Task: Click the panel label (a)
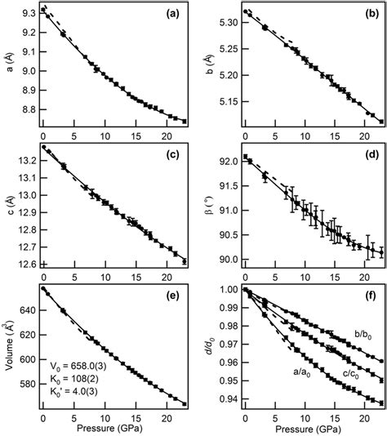172,15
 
